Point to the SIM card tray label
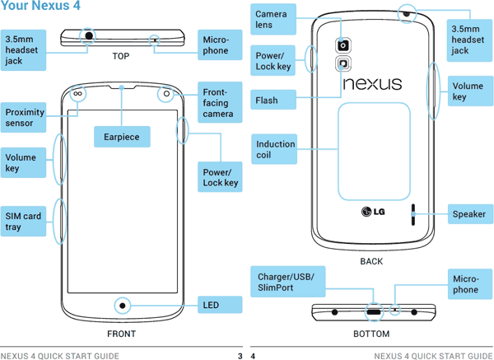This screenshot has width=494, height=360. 23,222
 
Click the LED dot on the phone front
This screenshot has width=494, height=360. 123,306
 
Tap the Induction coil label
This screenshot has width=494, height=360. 275,150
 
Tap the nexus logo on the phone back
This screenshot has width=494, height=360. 372,84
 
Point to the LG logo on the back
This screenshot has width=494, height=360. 372,215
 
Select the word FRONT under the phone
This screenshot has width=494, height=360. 122,334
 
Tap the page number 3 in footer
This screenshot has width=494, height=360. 240,356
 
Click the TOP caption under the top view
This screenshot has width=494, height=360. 122,58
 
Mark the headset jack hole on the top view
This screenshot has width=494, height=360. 87,35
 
